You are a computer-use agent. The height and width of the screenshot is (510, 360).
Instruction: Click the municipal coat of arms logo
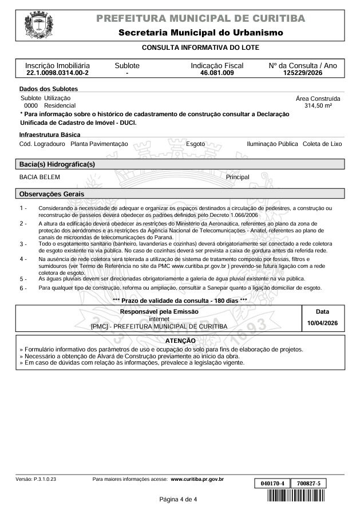click(x=38, y=26)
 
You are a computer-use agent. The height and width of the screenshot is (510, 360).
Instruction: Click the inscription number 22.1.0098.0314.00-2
click(x=57, y=73)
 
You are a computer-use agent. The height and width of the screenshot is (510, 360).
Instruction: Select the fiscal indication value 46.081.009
click(x=217, y=73)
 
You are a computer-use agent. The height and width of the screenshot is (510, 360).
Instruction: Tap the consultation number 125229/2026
click(x=303, y=73)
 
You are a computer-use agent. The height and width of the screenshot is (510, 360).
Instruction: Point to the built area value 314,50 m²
click(x=319, y=106)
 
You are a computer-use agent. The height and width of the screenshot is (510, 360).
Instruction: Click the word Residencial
click(x=60, y=106)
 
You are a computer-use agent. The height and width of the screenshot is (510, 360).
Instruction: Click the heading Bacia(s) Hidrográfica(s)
click(x=57, y=164)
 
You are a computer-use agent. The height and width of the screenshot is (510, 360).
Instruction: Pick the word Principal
click(x=238, y=177)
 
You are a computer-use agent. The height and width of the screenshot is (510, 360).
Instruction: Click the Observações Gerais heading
click(x=52, y=193)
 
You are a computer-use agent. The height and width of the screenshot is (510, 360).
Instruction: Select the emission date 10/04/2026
click(x=323, y=323)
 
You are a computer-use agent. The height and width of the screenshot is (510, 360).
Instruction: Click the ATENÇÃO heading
click(x=180, y=341)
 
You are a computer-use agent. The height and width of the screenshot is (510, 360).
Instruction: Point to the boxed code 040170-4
click(x=272, y=484)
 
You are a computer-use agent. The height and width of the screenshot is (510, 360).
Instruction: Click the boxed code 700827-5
click(x=308, y=484)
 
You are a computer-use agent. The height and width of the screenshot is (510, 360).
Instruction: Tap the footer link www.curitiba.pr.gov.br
click(x=197, y=479)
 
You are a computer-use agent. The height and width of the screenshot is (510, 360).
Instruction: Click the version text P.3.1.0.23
click(x=45, y=479)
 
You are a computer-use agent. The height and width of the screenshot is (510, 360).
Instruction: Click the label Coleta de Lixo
click(x=322, y=144)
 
